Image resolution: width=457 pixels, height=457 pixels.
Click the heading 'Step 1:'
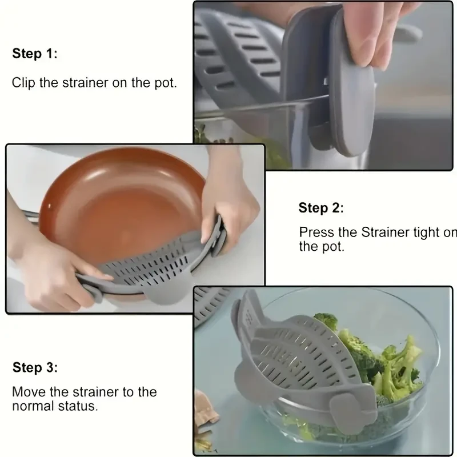coord(35,54)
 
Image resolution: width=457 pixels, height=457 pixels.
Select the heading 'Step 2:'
coord(321,208)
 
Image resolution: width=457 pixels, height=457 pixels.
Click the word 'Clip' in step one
coord(23,82)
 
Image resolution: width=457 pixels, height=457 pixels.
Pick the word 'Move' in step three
coord(27,392)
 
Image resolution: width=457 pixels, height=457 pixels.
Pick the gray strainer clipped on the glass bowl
coord(286,354)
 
